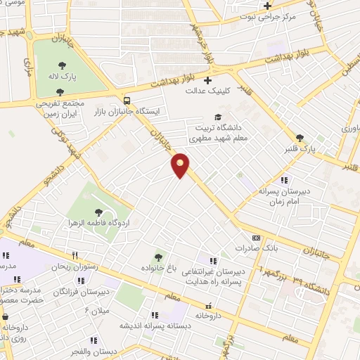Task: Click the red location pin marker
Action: click(x=181, y=165)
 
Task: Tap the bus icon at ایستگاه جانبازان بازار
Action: click(x=126, y=100)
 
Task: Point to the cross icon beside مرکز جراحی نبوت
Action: click(x=267, y=6)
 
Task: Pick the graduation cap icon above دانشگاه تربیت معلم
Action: click(x=218, y=117)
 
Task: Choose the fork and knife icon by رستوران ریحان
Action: click(x=75, y=256)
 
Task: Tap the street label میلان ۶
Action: click(x=94, y=309)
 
